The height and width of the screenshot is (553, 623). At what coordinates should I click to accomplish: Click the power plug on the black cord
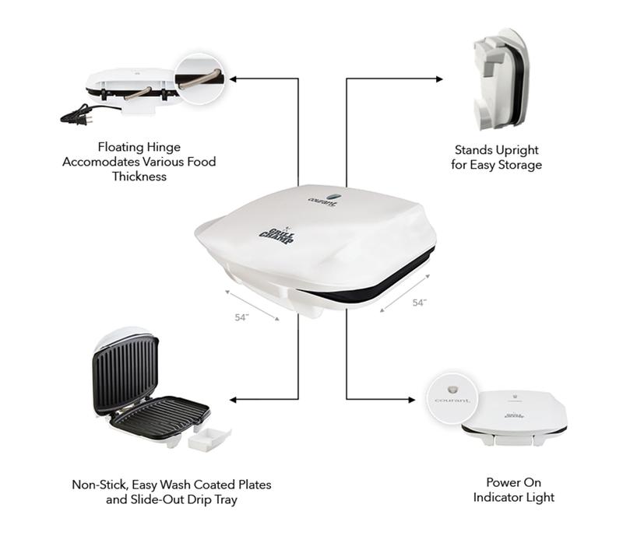click(72, 117)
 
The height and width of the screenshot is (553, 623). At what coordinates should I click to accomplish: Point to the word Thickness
click(139, 177)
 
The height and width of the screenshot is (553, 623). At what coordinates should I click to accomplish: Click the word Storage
click(520, 165)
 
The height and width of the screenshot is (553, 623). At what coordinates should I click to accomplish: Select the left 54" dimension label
click(241, 317)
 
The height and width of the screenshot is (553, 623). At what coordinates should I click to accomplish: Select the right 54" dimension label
click(419, 303)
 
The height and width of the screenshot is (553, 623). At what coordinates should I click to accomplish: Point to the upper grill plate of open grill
click(125, 373)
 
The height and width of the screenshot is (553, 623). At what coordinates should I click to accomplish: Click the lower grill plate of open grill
click(160, 412)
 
